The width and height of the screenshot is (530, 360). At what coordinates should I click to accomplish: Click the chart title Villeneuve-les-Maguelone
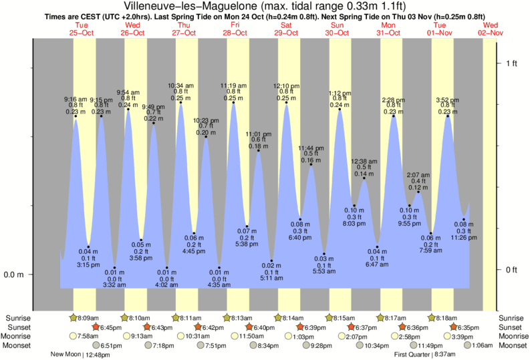tap(265, 7)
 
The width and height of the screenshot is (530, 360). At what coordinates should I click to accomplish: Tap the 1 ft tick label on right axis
tap(513, 63)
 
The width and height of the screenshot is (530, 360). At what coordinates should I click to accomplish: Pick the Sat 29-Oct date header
tap(287, 28)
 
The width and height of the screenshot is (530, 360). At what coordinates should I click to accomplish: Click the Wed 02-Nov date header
tap(491, 28)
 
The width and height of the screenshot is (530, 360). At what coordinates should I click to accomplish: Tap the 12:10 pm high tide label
tap(287, 86)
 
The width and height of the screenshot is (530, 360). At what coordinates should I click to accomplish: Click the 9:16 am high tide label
tap(75, 100)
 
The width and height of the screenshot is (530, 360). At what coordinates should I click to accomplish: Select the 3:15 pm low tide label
tap(88, 264)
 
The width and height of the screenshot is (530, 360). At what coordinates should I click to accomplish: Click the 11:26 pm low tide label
tap(462, 237)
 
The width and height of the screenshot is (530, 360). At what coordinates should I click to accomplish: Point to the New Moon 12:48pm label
tap(79, 355)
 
